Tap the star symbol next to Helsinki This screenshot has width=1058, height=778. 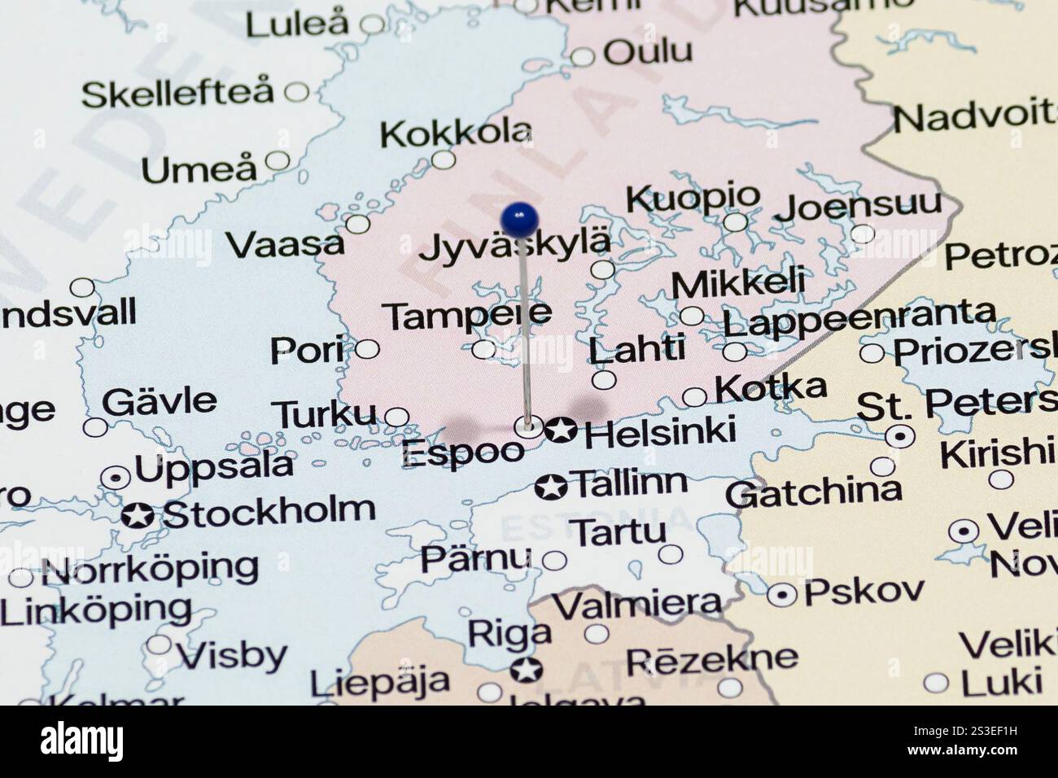[x=560, y=429]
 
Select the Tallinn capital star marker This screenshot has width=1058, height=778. [x=551, y=487]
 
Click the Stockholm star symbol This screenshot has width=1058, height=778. [x=138, y=515]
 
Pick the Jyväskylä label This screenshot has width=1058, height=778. [x=514, y=245]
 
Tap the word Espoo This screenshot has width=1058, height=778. [x=462, y=453]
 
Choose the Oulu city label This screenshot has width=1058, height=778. [x=648, y=52]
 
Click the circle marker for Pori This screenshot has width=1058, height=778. [x=367, y=349]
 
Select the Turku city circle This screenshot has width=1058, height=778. [x=396, y=417]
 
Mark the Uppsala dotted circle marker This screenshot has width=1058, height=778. [x=116, y=477]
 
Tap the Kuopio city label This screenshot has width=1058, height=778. [x=693, y=197]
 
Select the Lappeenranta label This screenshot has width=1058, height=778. [x=859, y=318]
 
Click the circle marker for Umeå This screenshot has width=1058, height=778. [x=278, y=160]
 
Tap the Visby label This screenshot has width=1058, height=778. [x=232, y=655]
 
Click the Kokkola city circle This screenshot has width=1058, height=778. [x=443, y=159]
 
